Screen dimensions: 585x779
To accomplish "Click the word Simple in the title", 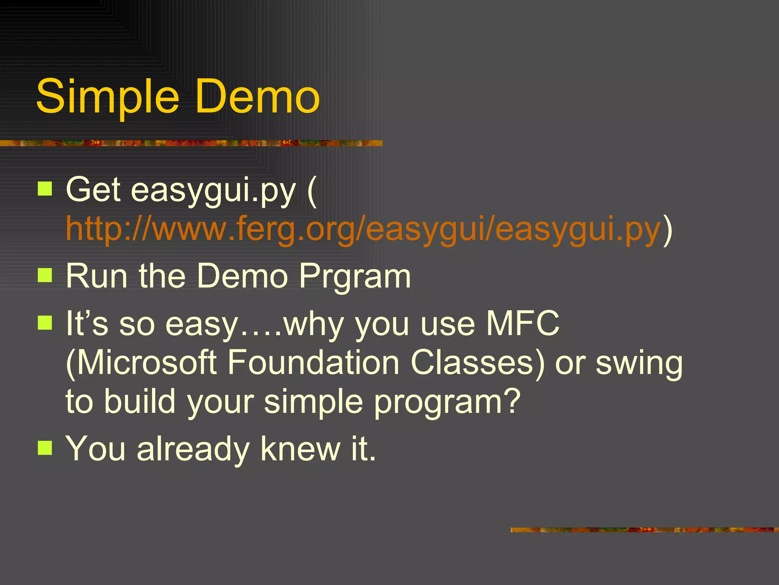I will coord(107,97).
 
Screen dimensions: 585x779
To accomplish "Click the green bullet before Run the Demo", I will coord(45,275).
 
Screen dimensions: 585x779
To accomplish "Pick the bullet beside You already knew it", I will coord(45,448).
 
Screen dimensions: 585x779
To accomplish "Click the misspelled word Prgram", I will coord(355,277).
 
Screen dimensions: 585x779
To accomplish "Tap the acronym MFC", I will coord(523,323).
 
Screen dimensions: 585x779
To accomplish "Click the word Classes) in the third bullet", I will coord(478,363).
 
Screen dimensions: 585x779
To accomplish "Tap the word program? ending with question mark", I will coord(447,403).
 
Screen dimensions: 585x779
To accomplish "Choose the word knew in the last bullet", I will coord(300,449).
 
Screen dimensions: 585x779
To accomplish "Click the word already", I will coord(193,450).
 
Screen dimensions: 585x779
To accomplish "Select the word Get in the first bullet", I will coord(93,189).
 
